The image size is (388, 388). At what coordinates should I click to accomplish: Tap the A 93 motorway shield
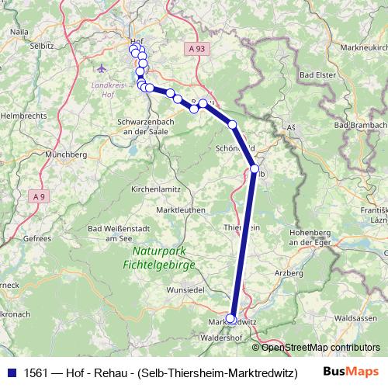tap(198, 49)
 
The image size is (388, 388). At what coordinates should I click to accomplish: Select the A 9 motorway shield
tap(39, 197)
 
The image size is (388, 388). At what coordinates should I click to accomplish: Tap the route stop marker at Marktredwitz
tap(230, 318)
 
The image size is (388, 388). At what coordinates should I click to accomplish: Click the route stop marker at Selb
tap(255, 168)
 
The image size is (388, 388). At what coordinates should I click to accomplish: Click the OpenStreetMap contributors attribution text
tap(320, 347)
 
